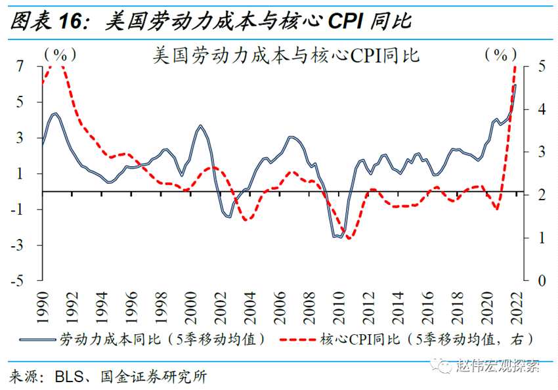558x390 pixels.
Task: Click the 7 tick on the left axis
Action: coord(20,66)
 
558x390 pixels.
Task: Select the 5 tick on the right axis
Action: coord(541,66)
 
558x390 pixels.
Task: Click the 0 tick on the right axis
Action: coord(541,281)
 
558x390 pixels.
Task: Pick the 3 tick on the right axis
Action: coord(541,152)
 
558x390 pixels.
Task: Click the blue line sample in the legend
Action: coord(38,340)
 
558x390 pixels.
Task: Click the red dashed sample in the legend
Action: coord(298,340)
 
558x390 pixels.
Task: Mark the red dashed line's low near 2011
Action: coord(349,238)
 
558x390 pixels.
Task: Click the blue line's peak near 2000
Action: coord(200,125)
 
